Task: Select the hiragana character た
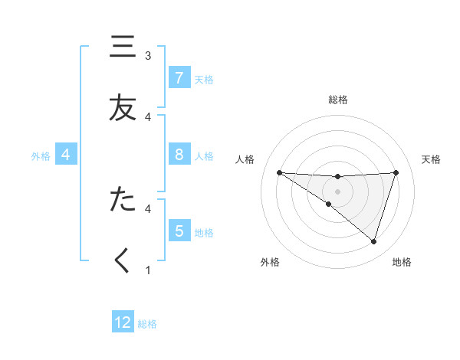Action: coord(121,198)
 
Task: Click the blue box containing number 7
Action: coord(179,77)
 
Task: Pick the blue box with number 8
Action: coord(179,155)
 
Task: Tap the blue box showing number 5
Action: coord(179,231)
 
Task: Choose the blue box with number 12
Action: coord(123,322)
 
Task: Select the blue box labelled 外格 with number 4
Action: coord(66,155)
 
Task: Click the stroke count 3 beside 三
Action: coord(148,56)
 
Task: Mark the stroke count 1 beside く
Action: coord(148,270)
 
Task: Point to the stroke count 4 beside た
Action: coord(148,208)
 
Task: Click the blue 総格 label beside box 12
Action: coord(147,324)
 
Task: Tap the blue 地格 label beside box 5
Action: coord(204,233)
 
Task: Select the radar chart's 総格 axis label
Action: coord(338,100)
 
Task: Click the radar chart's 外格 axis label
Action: coord(270,262)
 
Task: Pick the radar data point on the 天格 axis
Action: coord(396,172)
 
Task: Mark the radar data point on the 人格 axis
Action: coord(279,172)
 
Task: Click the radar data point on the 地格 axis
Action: coord(373,241)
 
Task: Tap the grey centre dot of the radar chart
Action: coord(337,191)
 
